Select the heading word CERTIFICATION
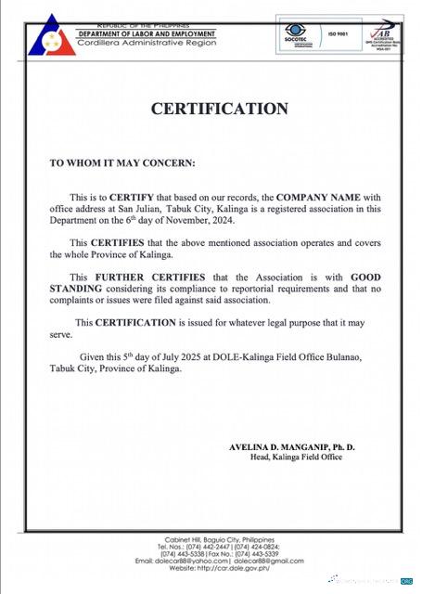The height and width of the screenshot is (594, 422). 220,109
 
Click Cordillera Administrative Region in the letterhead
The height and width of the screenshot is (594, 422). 139,45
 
